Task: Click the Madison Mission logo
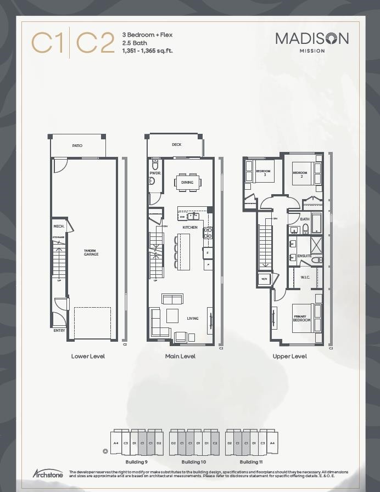click(x=312, y=41)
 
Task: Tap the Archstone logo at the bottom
click(x=48, y=473)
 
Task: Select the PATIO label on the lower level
click(x=77, y=145)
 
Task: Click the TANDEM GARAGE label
click(x=91, y=253)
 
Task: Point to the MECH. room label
click(x=58, y=226)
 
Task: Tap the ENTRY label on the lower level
click(x=59, y=330)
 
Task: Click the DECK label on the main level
click(x=176, y=145)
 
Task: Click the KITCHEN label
click(x=190, y=227)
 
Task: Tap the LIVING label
click(x=192, y=318)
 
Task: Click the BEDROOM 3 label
click(x=264, y=173)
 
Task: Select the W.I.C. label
click(x=305, y=277)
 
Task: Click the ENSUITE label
click(x=304, y=256)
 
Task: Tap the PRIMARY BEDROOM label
click(x=301, y=318)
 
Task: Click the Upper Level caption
click(x=290, y=356)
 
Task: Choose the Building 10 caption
click(x=194, y=462)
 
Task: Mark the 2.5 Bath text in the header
click(x=135, y=43)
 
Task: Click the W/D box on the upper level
click(x=264, y=279)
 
